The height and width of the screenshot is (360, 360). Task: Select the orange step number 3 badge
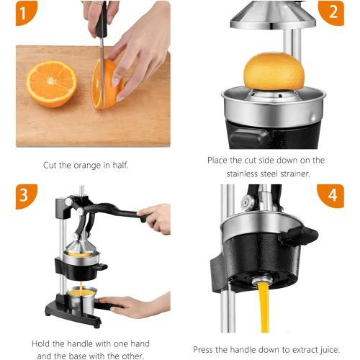pyautogui.click(x=26, y=194)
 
